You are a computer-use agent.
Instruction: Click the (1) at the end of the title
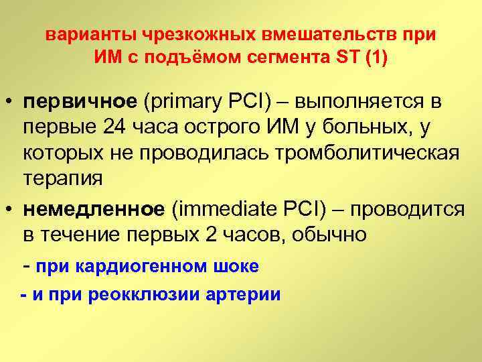[375, 58]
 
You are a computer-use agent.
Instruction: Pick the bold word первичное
[80, 101]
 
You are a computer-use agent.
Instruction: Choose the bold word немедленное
[93, 210]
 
